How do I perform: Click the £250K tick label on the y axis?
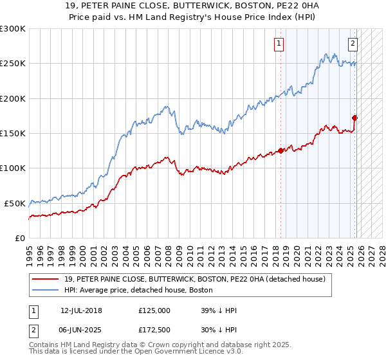click(13, 64)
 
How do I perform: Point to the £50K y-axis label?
click(15, 203)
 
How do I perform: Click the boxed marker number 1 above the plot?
click(279, 44)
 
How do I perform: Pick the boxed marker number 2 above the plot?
click(353, 44)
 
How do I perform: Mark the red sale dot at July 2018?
click(281, 151)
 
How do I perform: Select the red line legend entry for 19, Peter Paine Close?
click(196, 278)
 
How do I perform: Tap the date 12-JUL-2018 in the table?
click(82, 310)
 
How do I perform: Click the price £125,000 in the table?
click(154, 310)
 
